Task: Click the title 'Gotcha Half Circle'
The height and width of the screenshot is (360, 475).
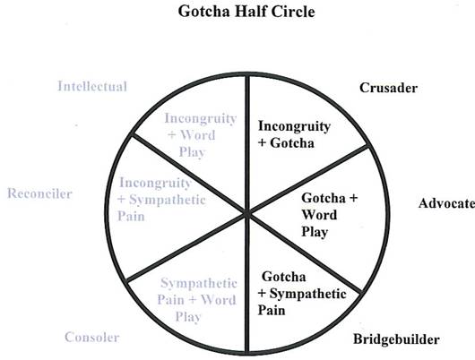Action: click(x=246, y=12)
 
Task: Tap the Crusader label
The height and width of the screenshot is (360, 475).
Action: click(x=388, y=88)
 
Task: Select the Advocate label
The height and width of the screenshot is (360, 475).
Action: click(x=446, y=203)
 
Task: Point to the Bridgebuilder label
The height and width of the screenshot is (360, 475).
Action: click(x=396, y=339)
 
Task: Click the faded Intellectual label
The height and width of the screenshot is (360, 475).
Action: click(x=92, y=86)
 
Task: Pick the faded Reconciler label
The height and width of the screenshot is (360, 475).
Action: click(x=39, y=193)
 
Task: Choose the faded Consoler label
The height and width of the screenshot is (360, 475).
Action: click(x=92, y=337)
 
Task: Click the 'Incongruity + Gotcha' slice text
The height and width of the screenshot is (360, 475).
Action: click(x=294, y=134)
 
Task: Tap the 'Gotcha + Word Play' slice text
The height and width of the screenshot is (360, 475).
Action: click(x=330, y=215)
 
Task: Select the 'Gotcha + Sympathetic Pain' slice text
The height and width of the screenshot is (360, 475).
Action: click(x=302, y=294)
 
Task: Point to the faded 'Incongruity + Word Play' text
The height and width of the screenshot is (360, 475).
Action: click(x=200, y=135)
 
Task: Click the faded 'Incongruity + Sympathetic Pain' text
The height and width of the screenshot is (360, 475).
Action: click(x=161, y=199)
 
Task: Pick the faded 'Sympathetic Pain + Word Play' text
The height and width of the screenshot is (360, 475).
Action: click(x=197, y=300)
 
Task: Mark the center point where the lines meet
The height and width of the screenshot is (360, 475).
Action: click(x=247, y=213)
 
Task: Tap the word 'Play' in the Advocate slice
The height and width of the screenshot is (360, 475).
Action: click(x=315, y=232)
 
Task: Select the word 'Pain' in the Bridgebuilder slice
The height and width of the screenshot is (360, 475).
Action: click(x=272, y=311)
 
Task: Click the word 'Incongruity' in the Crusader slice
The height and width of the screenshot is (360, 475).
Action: click(x=294, y=126)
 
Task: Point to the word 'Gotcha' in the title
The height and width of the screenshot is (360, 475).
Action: click(x=203, y=12)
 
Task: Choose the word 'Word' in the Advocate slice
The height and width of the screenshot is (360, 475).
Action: click(x=319, y=215)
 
